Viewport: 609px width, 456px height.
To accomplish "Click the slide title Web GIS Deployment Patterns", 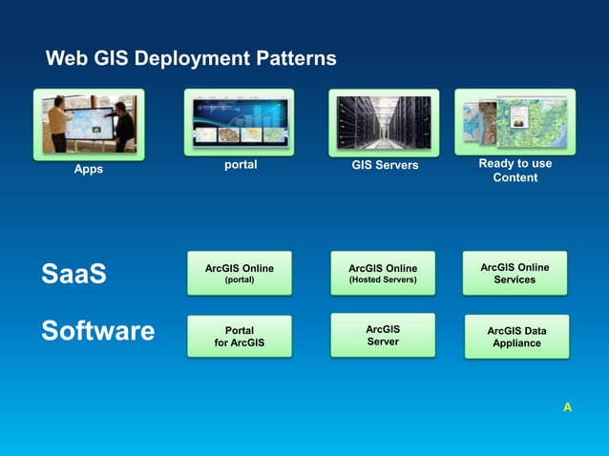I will pos(191,59).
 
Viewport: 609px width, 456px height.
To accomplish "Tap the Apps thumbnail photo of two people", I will pos(89,123).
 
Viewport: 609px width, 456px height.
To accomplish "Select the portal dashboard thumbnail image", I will pos(239,121).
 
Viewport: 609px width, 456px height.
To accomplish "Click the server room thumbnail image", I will pos(384,122).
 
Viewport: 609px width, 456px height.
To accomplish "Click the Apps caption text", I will pos(89,170).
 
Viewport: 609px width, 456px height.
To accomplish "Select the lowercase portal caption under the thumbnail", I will pos(240,164).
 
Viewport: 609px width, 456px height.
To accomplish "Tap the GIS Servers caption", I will pos(385,166).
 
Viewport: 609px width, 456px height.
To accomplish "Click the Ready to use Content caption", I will pos(515,170).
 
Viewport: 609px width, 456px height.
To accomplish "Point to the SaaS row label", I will pos(73,275).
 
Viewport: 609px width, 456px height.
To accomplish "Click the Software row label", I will pos(97,331).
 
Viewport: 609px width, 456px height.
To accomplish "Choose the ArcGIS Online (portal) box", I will pos(239,274).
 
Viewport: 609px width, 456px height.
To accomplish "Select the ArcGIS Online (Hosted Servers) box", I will pos(383,274).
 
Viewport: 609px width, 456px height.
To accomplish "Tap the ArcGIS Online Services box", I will pos(514,273).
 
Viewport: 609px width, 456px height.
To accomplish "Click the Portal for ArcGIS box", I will pos(239,337).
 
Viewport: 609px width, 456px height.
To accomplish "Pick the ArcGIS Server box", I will pos(383,335).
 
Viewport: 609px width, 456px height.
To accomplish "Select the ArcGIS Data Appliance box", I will pos(516,337).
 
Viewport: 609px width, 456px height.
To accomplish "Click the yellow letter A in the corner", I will pos(567,407).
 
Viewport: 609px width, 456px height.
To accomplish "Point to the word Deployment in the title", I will pos(191,59).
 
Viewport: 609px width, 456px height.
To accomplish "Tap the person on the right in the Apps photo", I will pos(122,124).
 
